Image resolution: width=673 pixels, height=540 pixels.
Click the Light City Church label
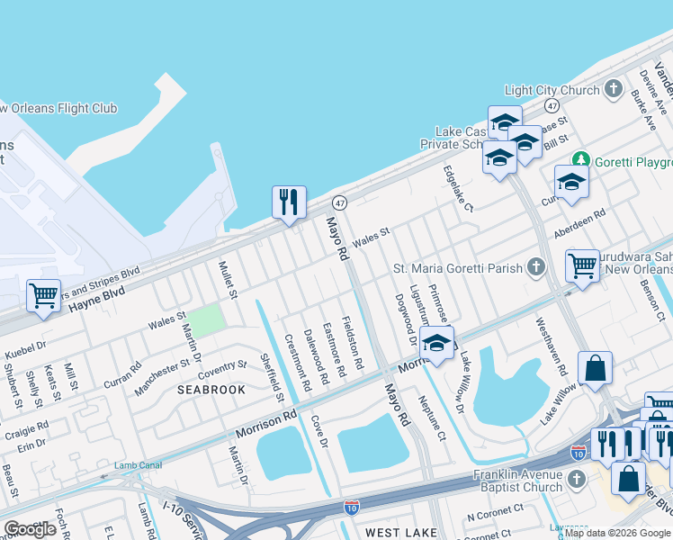pos(552,90)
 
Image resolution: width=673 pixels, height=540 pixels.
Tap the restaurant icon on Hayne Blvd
pos(289,202)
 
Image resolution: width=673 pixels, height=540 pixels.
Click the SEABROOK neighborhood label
pos(211,390)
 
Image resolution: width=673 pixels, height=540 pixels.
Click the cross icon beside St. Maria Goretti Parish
pos(536,266)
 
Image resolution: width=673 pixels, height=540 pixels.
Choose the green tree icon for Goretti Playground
pos(581,160)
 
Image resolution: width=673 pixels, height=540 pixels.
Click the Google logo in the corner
pos(31,529)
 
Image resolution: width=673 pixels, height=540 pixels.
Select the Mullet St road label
pos(228,280)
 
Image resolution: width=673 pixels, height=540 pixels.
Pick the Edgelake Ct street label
pos(457,188)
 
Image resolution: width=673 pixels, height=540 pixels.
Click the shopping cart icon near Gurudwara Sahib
pos(583,265)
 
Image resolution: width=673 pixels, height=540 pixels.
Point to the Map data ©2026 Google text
pos(617,533)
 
